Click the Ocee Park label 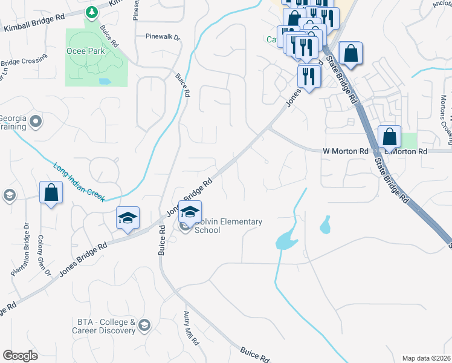click(85, 51)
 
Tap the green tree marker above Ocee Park click(91, 11)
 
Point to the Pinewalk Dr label click(163, 36)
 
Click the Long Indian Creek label click(79, 182)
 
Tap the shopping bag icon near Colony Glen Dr click(51, 193)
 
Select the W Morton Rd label click(346, 151)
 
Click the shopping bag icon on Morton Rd click(390, 137)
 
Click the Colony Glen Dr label click(45, 255)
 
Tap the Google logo click(20, 356)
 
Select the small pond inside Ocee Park click(105, 80)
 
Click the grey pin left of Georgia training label click(36, 122)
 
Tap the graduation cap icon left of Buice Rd click(128, 217)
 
